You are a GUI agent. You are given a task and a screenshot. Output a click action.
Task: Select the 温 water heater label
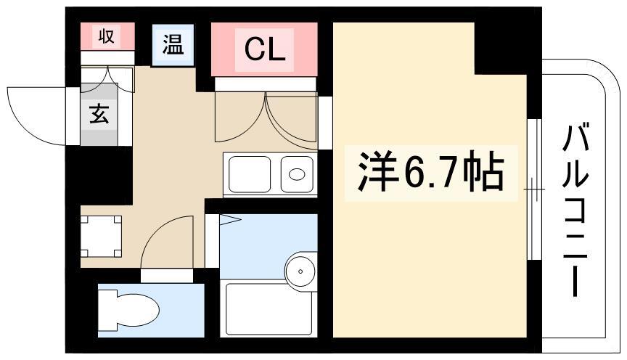173,44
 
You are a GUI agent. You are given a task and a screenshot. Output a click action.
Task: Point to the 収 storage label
107,36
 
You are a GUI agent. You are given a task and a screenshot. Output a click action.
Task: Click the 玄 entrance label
99,114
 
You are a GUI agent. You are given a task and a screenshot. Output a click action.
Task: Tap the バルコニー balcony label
575,210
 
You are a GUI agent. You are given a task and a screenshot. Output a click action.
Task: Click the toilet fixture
128,309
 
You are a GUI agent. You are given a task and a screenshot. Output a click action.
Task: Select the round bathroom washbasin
300,271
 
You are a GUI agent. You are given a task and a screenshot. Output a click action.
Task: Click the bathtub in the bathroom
269,308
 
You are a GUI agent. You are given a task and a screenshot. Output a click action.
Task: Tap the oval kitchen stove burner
296,174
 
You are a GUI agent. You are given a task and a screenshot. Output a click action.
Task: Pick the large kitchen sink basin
249,174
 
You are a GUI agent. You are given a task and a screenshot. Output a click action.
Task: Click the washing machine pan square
101,237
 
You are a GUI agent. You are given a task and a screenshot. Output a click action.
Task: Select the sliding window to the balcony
534,189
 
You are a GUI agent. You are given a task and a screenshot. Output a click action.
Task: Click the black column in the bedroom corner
501,48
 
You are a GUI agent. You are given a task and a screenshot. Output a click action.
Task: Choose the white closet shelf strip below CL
266,84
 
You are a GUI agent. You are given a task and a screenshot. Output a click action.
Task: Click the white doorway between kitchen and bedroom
325,123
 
